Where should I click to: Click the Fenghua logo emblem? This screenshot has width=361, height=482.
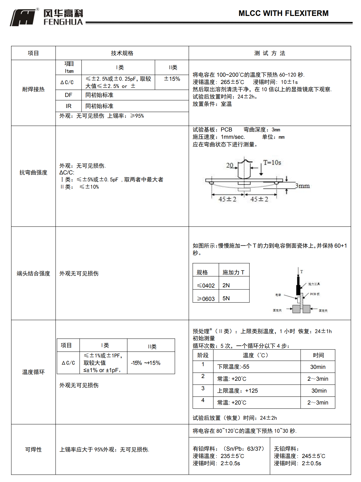[x=23, y=18]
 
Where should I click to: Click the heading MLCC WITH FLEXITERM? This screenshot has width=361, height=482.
[x=283, y=13]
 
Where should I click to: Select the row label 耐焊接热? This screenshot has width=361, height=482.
[x=33, y=89]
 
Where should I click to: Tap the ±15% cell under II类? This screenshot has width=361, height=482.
[x=172, y=79]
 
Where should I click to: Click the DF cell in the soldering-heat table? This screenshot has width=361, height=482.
[x=68, y=95]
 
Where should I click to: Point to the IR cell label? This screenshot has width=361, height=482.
[x=68, y=106]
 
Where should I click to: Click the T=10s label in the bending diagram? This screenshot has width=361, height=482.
[x=272, y=163]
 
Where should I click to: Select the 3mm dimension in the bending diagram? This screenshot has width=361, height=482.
[x=302, y=186]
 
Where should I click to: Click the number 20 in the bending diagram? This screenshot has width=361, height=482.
[x=230, y=165]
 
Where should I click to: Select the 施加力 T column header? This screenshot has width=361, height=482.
[x=233, y=272]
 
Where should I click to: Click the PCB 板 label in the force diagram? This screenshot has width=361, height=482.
[x=315, y=294]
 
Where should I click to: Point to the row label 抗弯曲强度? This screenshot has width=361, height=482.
[x=33, y=173]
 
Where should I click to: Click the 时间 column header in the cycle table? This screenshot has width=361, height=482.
[x=318, y=355]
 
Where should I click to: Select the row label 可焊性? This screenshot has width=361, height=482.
[x=33, y=450]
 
